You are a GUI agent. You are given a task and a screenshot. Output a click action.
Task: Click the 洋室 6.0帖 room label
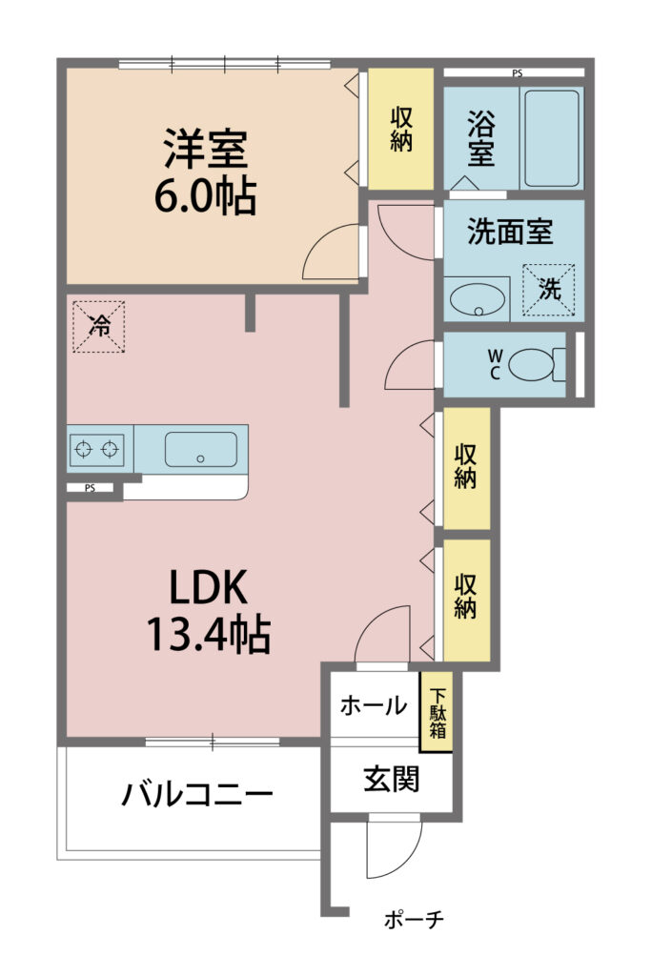205,172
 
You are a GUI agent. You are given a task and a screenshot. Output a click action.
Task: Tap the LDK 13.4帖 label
208,610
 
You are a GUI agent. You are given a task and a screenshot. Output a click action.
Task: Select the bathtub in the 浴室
552,138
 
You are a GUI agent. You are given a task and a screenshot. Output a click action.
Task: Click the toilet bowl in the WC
531,364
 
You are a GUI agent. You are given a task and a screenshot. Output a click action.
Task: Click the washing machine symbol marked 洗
548,290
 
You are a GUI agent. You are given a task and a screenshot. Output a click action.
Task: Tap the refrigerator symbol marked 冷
99,327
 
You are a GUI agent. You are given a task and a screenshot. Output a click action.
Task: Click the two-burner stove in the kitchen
96,449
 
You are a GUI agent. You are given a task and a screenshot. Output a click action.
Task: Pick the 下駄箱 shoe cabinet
437,712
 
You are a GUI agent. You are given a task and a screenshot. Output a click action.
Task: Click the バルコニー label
197,795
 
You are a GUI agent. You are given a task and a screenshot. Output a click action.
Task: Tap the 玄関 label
392,779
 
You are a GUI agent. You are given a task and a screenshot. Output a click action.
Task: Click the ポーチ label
414,919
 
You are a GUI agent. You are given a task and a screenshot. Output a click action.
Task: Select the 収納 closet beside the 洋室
401,129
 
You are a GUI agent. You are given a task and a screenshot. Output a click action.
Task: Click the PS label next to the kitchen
91,488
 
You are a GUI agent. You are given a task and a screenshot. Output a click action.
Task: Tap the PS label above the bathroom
518,73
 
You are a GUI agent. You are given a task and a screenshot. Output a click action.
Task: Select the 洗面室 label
510,232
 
